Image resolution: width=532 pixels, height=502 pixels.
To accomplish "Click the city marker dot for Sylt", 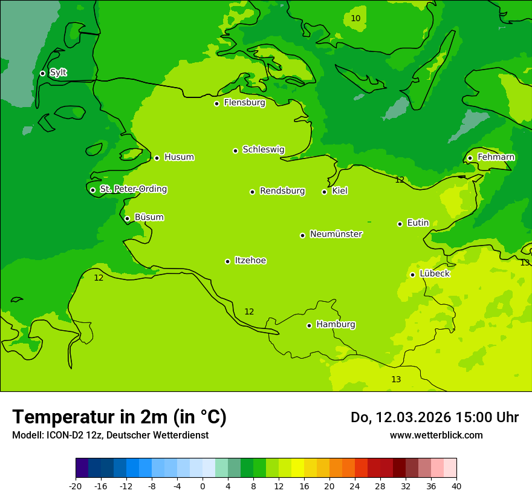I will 42,73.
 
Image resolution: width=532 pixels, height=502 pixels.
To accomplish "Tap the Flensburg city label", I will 244,103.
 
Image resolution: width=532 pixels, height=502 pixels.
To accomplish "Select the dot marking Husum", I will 157,158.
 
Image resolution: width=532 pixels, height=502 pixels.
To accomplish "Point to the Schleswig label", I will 263,149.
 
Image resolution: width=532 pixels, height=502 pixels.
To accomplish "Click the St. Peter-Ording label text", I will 133,189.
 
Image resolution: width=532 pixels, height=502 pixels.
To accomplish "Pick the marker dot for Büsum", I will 127,218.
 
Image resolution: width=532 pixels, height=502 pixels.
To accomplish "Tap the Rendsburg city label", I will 282,191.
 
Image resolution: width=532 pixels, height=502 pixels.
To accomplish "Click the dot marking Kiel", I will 324,192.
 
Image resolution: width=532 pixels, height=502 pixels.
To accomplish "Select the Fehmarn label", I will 496,157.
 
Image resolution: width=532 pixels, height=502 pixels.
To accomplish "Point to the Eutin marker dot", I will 400,224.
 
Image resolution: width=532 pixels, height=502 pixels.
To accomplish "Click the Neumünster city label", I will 336,234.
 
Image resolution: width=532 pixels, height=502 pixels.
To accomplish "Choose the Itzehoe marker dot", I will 227,261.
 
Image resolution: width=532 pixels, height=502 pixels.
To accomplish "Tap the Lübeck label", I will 434,273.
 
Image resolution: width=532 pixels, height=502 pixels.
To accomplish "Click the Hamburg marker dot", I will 309,325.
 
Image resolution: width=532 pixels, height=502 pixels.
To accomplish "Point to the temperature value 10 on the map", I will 355,19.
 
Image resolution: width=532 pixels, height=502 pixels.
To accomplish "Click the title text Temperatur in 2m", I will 119,417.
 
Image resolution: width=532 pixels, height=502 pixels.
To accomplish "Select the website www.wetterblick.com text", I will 436,435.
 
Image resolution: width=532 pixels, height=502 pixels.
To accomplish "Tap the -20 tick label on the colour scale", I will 76,486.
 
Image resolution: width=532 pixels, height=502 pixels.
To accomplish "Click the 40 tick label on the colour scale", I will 456,486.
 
